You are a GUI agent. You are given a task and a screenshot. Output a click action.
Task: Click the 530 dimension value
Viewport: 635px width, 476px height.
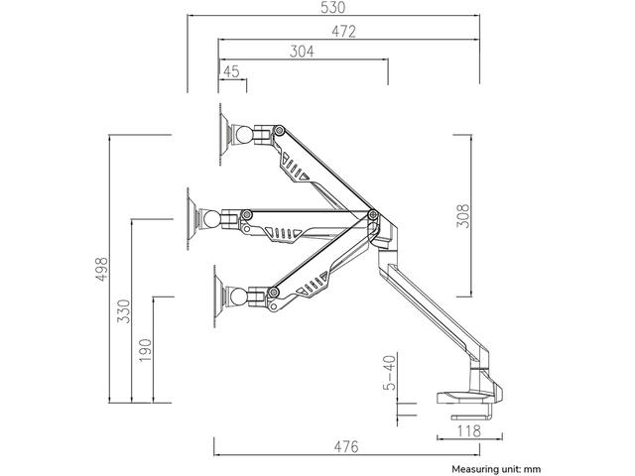coord(333,7)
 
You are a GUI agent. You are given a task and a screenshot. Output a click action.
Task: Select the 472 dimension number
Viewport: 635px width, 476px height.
coord(344,31)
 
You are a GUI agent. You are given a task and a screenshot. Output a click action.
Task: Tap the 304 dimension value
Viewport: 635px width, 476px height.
coord(302,52)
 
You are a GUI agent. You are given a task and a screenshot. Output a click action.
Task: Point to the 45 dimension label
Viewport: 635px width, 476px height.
coord(231,71)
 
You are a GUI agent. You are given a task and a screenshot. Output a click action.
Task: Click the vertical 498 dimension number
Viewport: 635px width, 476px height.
coord(101,269)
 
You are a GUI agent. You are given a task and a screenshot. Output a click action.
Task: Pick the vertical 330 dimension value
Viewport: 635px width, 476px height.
coord(124,310)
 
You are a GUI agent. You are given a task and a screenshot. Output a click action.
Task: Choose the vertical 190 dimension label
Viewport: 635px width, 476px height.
coord(145,350)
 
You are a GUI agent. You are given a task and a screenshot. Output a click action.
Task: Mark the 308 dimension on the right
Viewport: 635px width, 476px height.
coord(463,216)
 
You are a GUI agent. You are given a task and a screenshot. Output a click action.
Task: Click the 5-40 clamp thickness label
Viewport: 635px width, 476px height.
coord(389,373)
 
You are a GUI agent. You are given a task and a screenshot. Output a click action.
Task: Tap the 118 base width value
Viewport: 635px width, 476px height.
coord(469,431)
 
